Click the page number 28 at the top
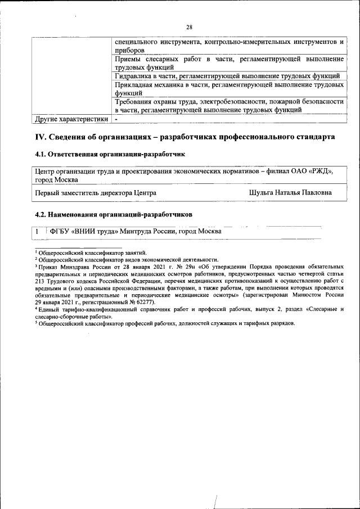coord(190,27)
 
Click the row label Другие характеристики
coord(71,119)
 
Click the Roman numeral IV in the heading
coord(41,137)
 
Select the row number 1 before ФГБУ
coord(37,231)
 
